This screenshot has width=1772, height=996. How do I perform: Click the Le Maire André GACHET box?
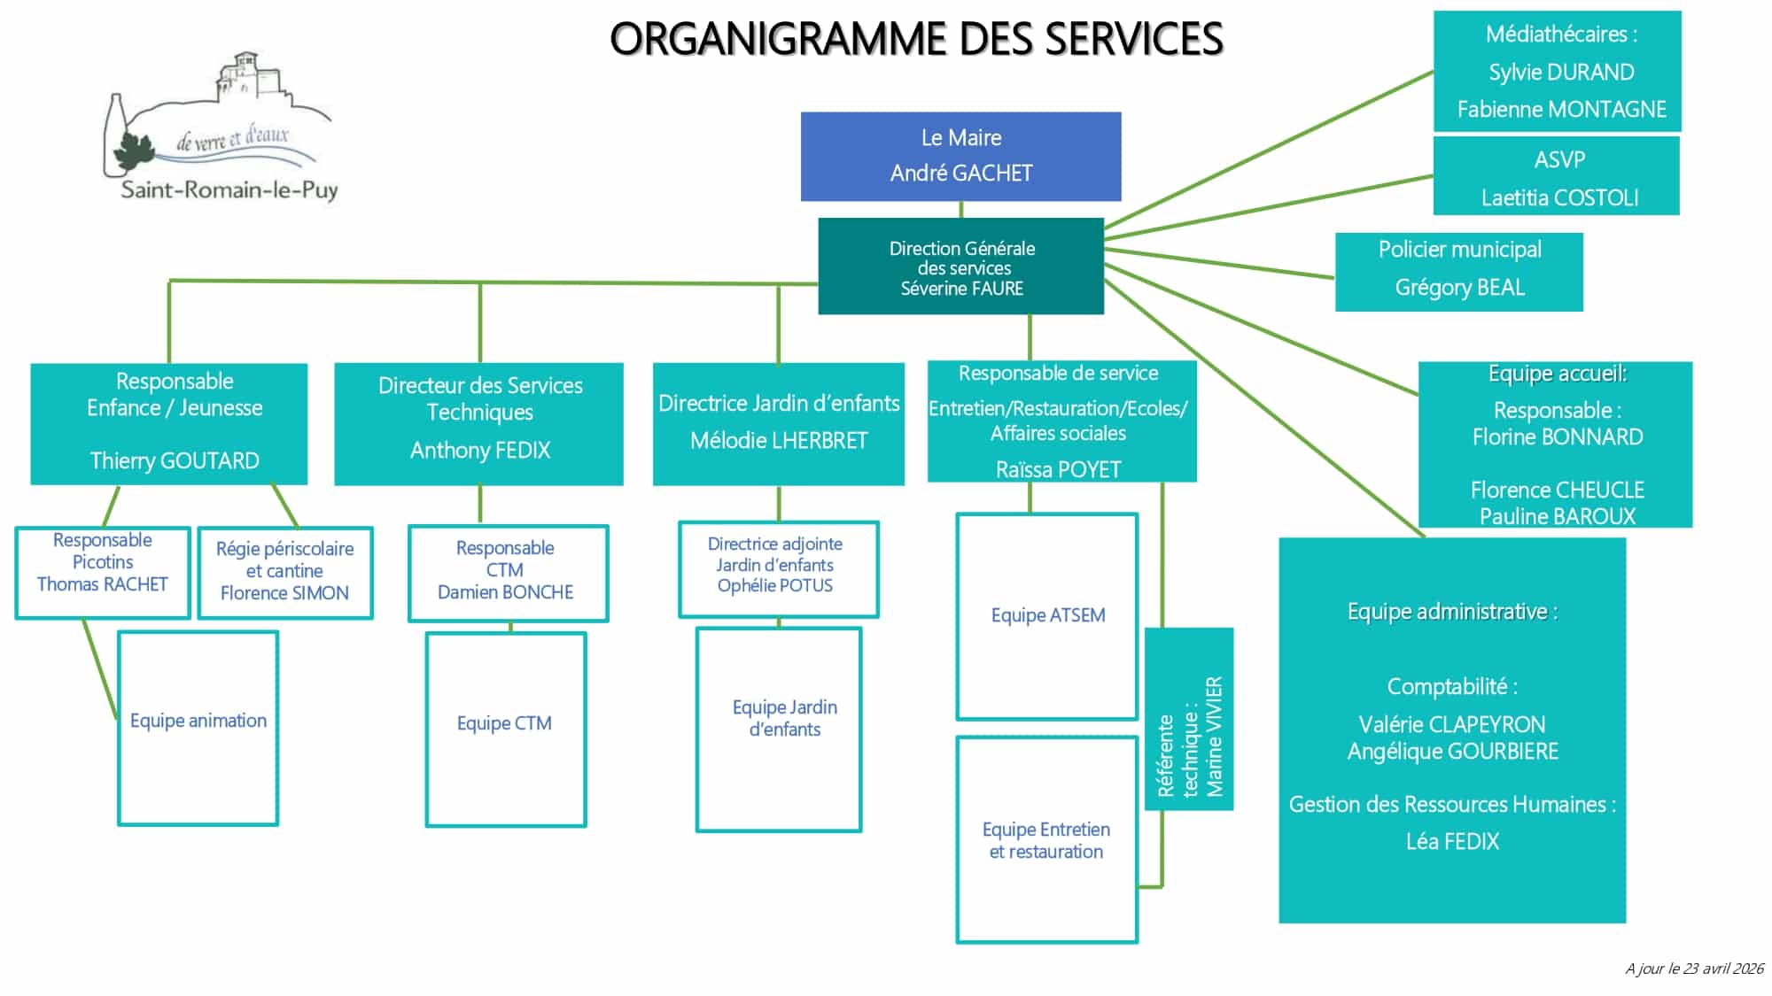point(961,156)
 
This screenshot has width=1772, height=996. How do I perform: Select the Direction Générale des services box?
point(961,266)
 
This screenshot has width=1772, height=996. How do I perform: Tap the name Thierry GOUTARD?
point(175,460)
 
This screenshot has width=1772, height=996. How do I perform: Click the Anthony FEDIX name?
point(480,450)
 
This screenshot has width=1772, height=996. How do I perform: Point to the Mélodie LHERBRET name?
point(779,440)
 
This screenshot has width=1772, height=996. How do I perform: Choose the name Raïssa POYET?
point(1059,469)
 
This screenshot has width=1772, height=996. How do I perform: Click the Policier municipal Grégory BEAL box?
point(1459,272)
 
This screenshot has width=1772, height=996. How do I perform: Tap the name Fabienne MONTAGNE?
point(1562,109)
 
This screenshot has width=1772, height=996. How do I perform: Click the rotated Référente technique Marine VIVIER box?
point(1189,719)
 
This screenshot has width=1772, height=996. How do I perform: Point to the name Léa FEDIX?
point(1452,841)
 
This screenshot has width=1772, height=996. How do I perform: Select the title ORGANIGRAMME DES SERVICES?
point(917,39)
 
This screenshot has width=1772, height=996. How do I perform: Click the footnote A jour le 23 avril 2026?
point(1694,969)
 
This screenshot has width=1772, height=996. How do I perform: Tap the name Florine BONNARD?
point(1558,436)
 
